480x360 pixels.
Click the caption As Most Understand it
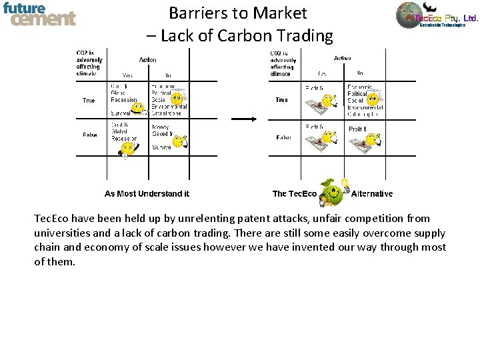[x=147, y=194]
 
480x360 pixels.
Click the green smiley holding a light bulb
[x=333, y=193]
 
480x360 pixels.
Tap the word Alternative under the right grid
[x=371, y=194]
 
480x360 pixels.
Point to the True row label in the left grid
[x=89, y=101]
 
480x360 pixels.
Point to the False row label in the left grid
[x=89, y=135]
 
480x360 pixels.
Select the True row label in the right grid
[x=281, y=100]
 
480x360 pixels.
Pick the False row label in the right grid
[x=283, y=137]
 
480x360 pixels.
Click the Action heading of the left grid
[x=148, y=60]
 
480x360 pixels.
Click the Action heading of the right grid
[x=342, y=58]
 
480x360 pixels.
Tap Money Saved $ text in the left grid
[x=162, y=131]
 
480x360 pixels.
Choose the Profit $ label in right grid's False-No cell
[x=357, y=129]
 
